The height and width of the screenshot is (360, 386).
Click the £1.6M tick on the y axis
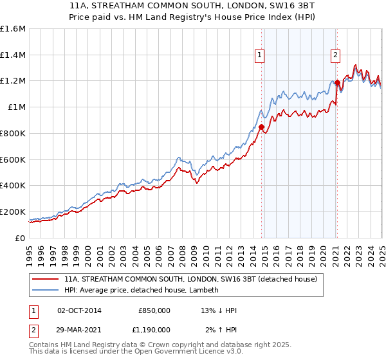click(x=13, y=29)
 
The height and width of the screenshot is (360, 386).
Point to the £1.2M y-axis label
click(x=13, y=81)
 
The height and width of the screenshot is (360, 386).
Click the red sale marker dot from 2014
click(x=261, y=127)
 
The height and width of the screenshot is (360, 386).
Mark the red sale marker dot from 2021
click(x=337, y=82)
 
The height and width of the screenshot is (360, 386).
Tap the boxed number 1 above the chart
click(x=259, y=55)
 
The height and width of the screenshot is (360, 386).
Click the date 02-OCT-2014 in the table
click(x=79, y=310)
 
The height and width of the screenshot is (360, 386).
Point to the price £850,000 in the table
click(x=154, y=310)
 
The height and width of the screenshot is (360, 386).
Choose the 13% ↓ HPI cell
click(x=219, y=310)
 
